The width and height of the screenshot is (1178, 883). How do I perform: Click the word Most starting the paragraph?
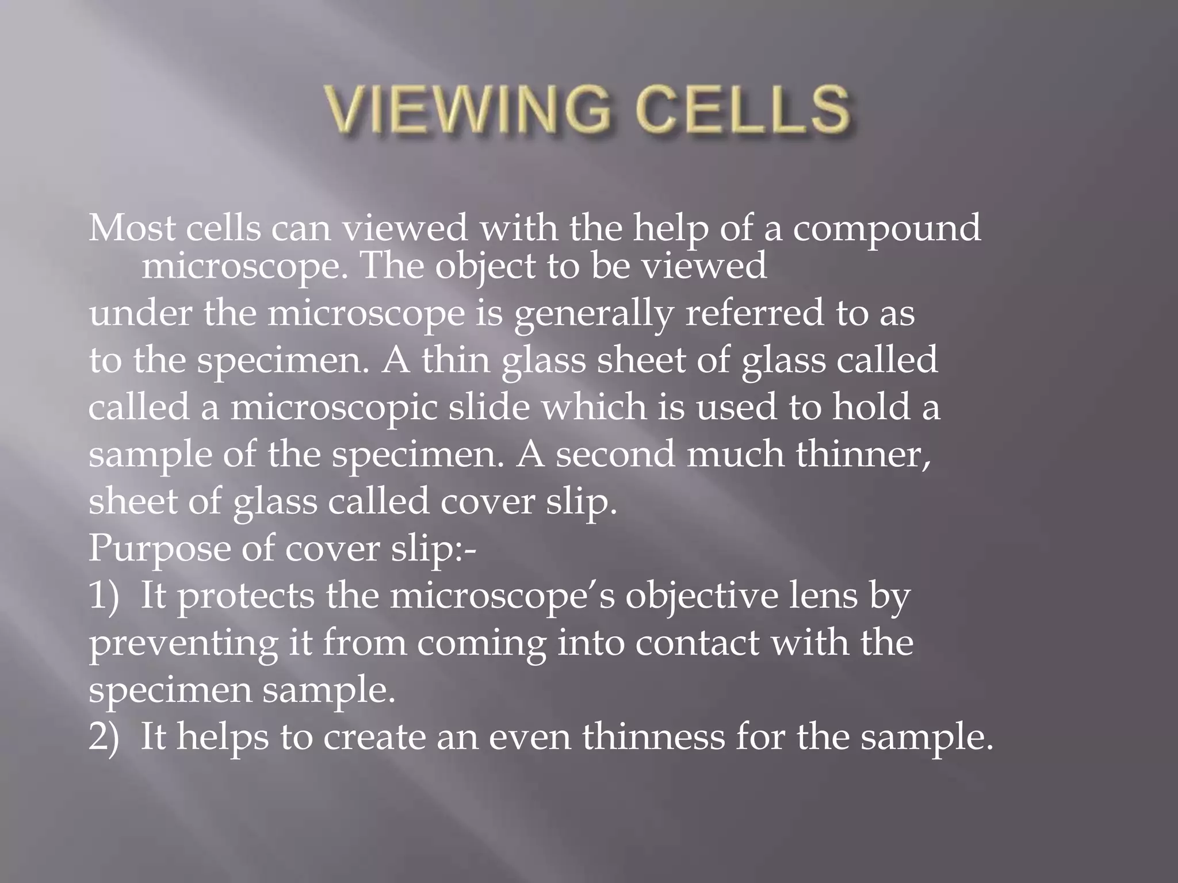pos(132,228)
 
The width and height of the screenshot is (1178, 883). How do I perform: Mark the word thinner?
pos(863,454)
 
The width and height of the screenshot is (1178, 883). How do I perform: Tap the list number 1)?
pos(104,596)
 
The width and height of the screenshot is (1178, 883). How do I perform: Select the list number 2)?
pos(104,737)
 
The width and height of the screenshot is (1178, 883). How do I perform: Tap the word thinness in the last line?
pos(653,737)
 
